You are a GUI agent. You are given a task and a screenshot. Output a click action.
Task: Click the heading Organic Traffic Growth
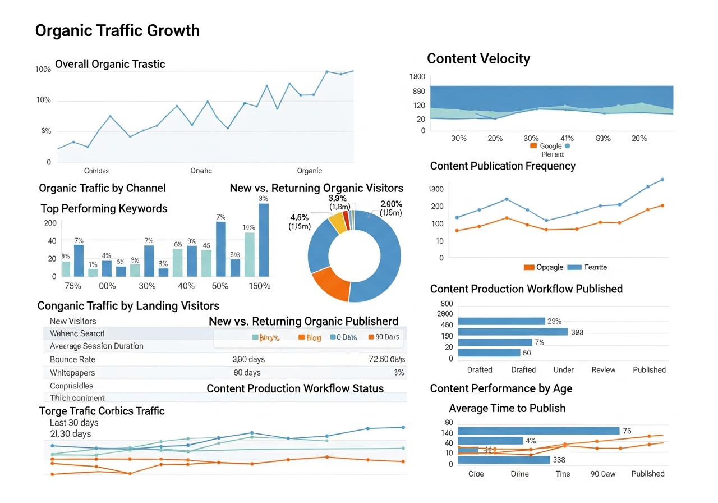coord(117,30)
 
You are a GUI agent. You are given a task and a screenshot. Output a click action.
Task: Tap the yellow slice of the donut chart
coord(337,222)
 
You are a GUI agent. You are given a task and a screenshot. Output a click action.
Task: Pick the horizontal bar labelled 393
coord(513,332)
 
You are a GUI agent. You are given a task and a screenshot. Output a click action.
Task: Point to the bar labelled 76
coord(538,431)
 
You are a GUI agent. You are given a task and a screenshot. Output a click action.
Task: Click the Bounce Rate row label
coord(72,359)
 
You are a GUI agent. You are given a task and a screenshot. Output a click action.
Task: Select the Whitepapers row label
coord(72,373)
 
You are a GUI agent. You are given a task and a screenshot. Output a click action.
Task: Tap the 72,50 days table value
coord(386,359)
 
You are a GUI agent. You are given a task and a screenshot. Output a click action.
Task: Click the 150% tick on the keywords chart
coord(259,286)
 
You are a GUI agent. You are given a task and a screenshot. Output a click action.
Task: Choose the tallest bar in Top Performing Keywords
coord(264,240)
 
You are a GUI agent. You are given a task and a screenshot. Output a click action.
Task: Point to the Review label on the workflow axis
coord(603,369)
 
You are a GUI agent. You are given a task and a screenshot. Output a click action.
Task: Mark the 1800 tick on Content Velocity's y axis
coord(418,77)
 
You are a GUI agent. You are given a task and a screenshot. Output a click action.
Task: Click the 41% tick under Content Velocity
coord(567,138)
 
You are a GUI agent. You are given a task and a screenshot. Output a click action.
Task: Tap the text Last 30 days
coord(74,423)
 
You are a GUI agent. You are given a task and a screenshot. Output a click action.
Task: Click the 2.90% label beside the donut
coord(391,204)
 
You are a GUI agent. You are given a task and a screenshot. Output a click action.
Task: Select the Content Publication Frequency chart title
coord(503,166)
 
